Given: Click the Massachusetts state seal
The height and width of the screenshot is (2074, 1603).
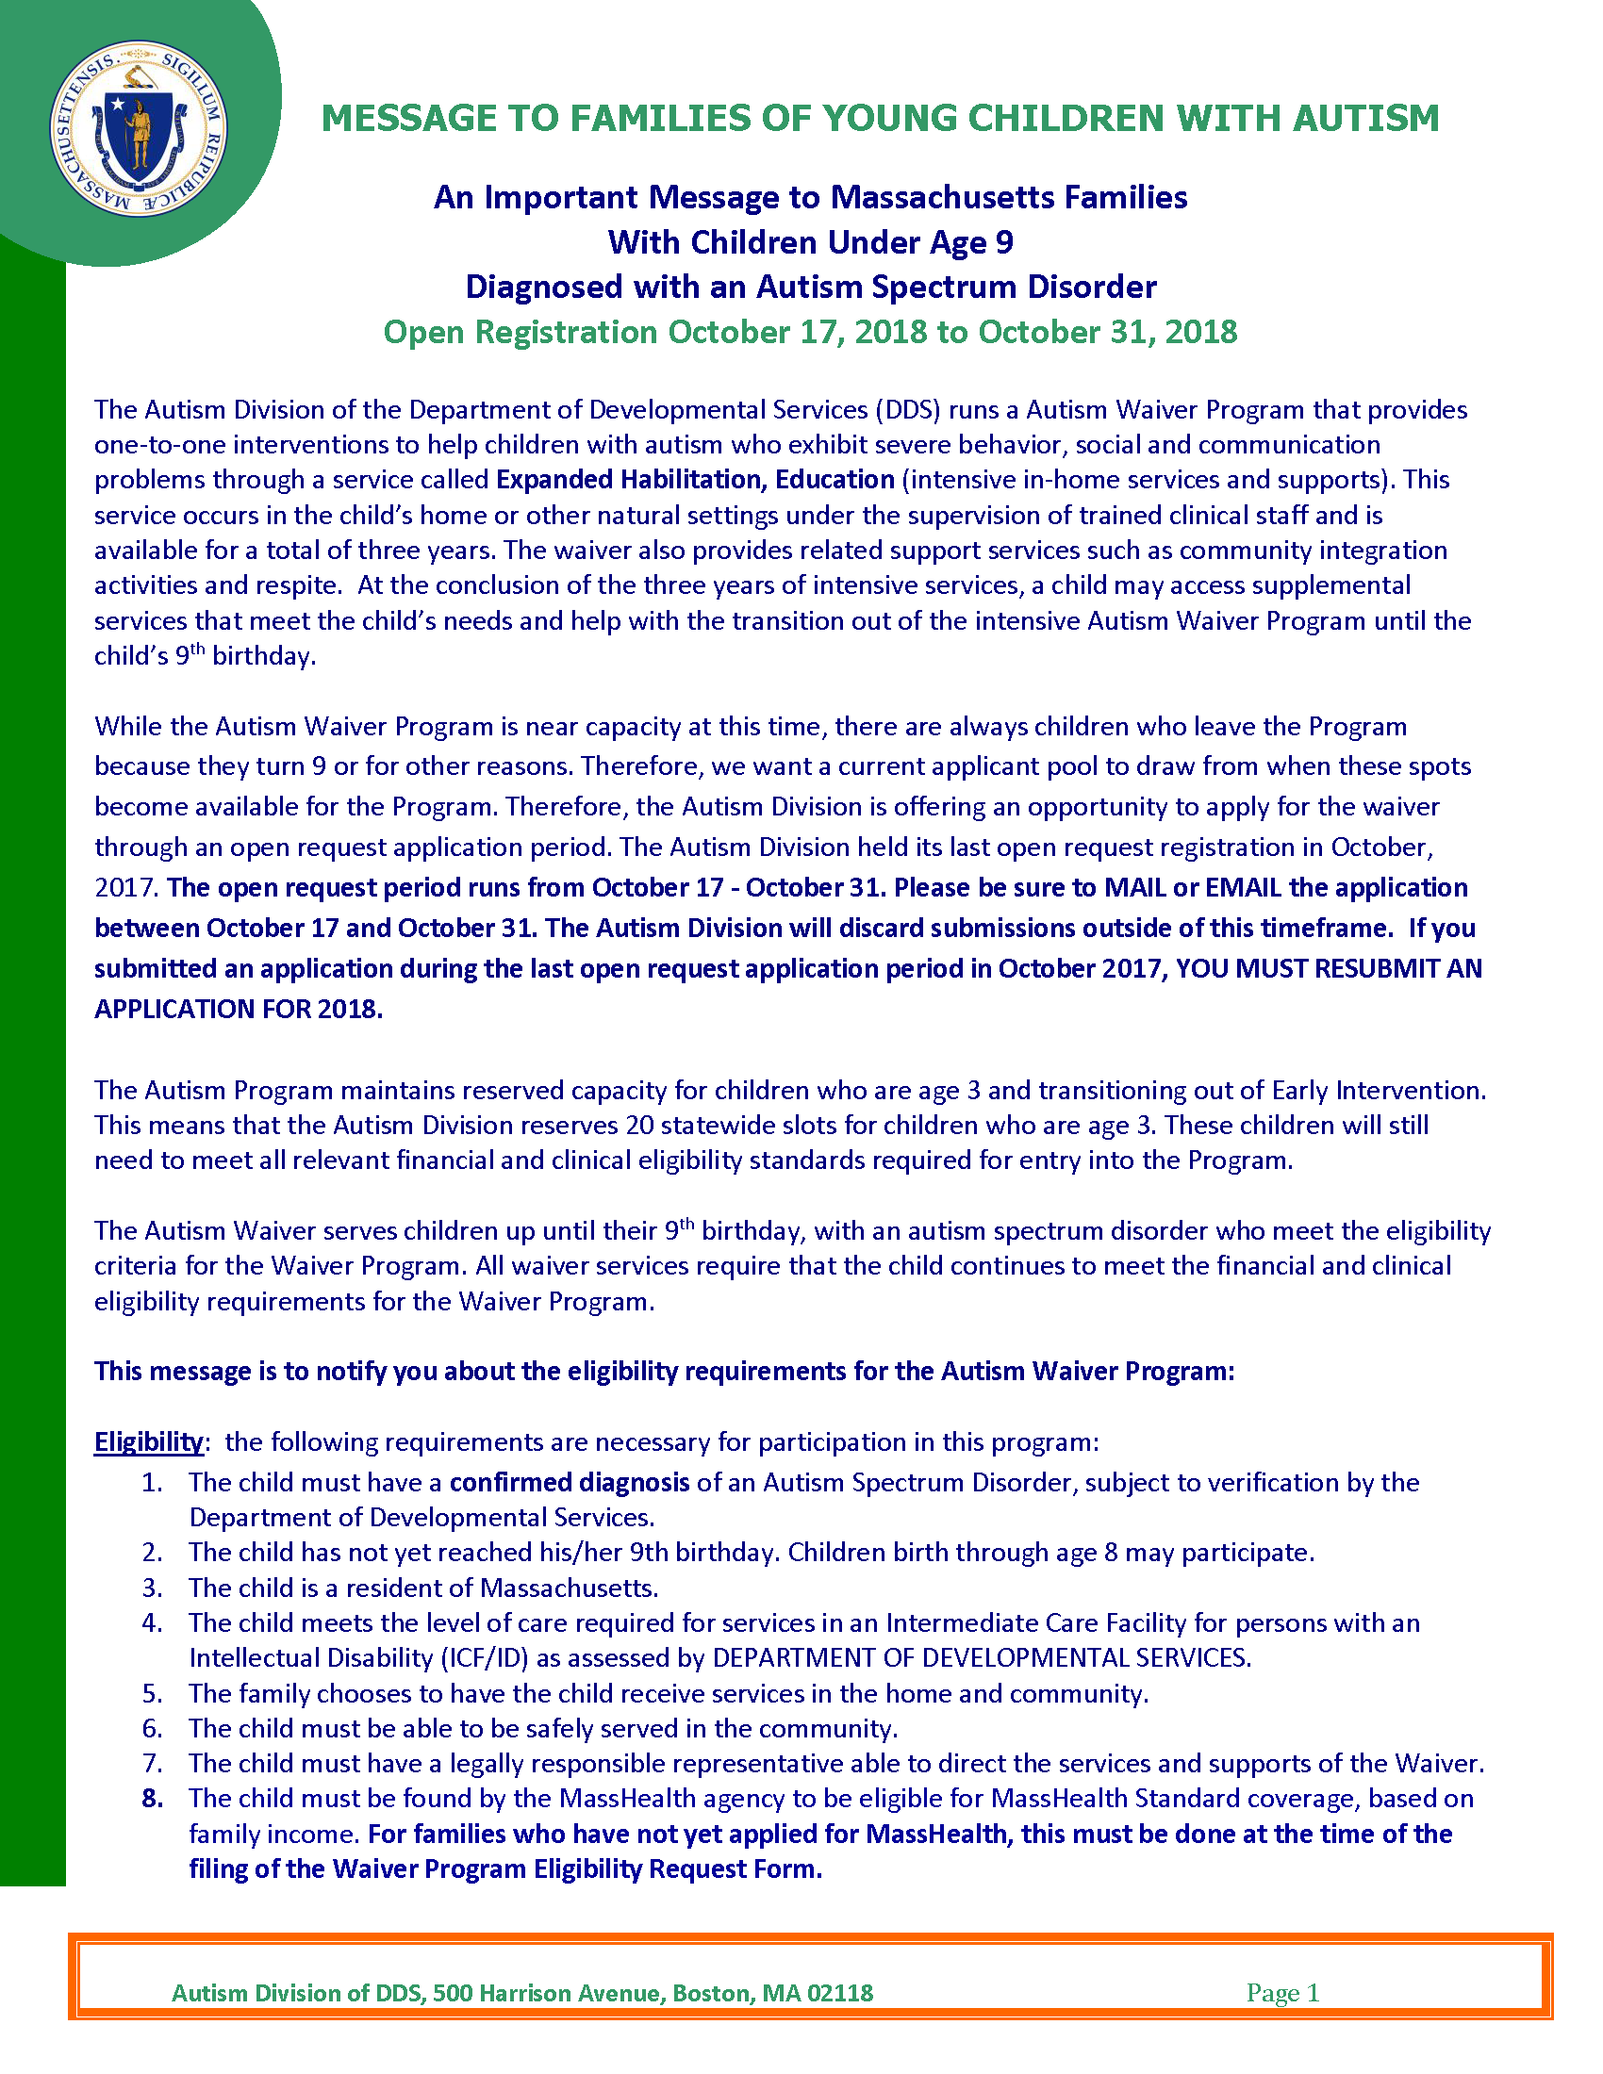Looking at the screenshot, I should tap(138, 127).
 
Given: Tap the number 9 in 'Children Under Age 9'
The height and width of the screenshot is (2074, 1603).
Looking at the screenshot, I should tap(1004, 242).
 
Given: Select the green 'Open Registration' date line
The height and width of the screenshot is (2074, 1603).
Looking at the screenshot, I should tap(810, 332).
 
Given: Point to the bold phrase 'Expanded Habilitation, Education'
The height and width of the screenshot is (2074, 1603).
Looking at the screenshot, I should tap(695, 480).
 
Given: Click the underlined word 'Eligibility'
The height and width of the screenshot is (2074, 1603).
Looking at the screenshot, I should tap(148, 1441).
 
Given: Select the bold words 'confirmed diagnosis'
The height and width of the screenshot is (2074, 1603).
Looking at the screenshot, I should tap(569, 1482).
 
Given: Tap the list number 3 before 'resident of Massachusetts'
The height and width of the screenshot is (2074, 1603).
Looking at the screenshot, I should tap(152, 1588).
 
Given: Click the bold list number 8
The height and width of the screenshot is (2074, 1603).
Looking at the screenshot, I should tap(152, 1798).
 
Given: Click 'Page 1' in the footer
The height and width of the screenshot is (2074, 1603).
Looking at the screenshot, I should tap(1282, 1992).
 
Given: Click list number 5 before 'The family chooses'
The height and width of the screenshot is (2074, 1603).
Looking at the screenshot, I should tap(152, 1693).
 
